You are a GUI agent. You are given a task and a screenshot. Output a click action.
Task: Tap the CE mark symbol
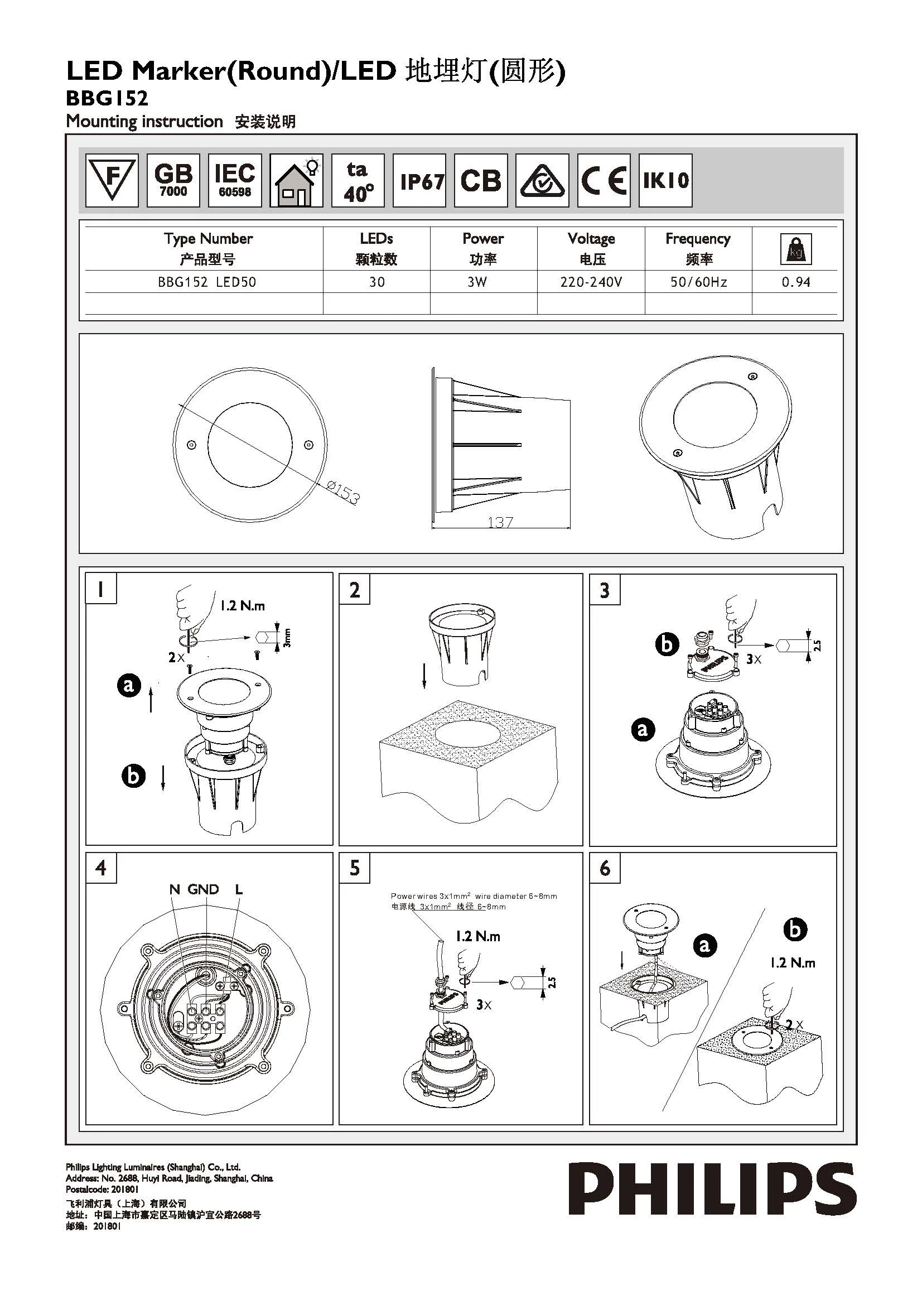[604, 180]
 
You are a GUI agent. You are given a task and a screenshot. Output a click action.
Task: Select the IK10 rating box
[665, 180]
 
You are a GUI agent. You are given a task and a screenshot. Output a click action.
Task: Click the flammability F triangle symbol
[112, 180]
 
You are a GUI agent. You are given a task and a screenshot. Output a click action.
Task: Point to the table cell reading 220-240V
[591, 282]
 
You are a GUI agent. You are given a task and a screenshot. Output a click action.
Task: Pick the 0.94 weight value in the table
[795, 282]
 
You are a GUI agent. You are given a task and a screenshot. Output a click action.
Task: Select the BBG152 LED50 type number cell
[207, 282]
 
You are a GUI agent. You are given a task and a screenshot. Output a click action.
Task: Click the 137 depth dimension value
[500, 522]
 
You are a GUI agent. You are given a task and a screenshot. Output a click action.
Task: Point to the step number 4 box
[101, 868]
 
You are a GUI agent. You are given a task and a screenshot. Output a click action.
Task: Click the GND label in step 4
[204, 889]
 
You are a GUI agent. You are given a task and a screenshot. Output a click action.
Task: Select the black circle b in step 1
[133, 776]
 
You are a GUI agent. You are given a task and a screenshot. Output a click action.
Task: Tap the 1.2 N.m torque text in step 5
[478, 936]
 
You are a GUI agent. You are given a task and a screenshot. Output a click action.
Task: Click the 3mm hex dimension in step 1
[287, 638]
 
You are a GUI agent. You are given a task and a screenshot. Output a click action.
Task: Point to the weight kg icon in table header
[795, 249]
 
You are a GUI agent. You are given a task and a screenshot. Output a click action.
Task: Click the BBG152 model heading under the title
[107, 98]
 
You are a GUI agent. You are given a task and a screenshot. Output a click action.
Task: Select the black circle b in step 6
[795, 930]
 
